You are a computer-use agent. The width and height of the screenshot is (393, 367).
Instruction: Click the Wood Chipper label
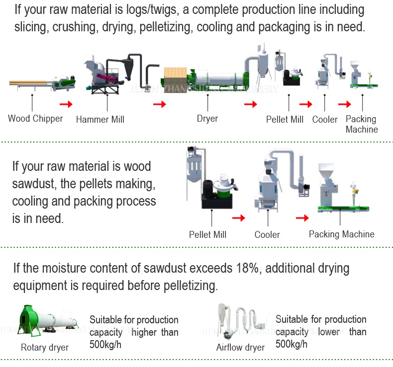tap(35, 119)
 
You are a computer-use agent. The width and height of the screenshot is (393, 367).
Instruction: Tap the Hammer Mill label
tap(100, 119)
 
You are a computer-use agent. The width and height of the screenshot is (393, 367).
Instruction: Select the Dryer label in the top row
tap(207, 119)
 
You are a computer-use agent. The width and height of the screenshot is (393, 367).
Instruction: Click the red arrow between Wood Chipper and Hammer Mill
tap(66, 104)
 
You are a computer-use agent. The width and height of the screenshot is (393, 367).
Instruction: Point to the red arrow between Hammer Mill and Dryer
tap(159, 104)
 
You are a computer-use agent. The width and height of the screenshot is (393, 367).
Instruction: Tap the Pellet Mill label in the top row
tap(285, 119)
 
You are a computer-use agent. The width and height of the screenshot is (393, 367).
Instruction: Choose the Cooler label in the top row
tap(325, 119)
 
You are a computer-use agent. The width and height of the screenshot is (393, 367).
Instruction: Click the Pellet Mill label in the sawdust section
tap(207, 234)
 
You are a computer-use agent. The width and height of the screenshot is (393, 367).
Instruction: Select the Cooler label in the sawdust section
tap(267, 234)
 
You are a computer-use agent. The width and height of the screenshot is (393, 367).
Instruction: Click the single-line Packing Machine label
tap(342, 234)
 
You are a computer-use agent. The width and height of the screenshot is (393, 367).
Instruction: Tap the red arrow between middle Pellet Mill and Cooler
tap(239, 218)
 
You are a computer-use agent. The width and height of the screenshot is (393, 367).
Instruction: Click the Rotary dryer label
tap(45, 347)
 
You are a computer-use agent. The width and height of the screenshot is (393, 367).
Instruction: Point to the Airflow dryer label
tap(240, 347)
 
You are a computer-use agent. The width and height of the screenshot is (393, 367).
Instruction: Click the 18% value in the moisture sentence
tap(244, 269)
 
